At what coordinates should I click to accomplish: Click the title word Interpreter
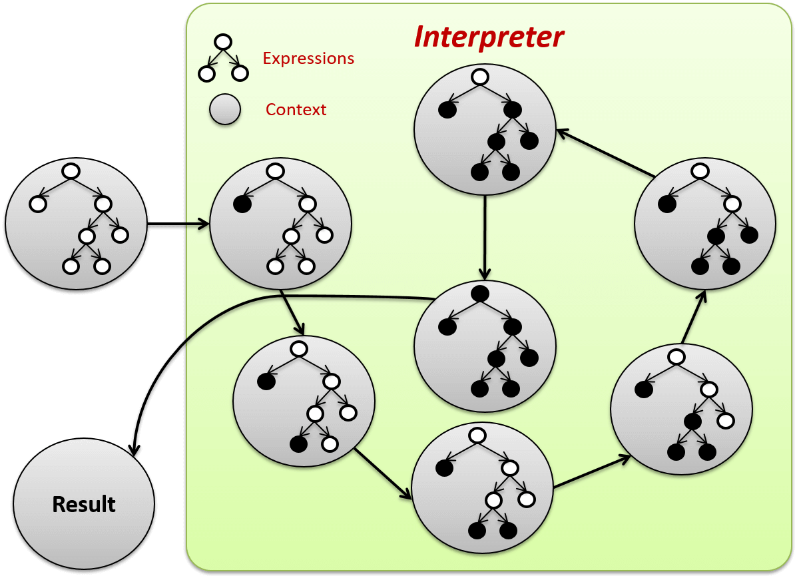tap(489, 37)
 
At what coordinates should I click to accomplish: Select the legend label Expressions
tap(308, 59)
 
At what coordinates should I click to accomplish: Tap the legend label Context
tap(296, 110)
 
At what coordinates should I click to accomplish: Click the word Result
tap(84, 505)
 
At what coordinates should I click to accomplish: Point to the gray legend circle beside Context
tap(225, 109)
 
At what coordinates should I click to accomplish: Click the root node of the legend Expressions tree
tap(223, 42)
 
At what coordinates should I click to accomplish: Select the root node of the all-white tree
tap(71, 171)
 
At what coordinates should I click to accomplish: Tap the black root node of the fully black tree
tap(479, 293)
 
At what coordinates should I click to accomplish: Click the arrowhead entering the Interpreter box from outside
tap(202, 224)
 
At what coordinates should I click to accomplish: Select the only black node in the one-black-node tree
tap(242, 204)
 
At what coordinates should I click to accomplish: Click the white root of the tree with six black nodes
tap(480, 77)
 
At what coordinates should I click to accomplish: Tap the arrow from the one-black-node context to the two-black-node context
tap(293, 313)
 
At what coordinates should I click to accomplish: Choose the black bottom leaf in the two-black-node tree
tap(298, 443)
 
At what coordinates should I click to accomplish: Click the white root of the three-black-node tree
tap(476, 435)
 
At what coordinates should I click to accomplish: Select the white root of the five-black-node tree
tap(699, 171)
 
